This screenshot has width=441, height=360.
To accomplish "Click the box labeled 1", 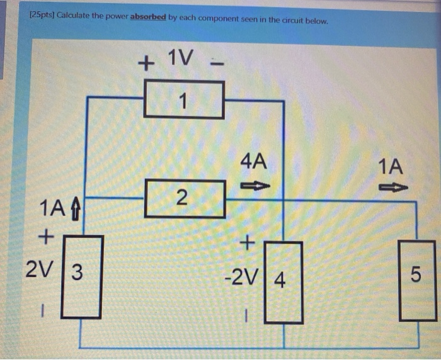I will point(183,101).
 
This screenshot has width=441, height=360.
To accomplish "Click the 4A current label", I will point(254,162).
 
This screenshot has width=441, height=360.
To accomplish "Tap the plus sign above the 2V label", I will point(44,237).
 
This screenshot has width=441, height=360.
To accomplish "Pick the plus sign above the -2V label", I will point(248,241).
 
